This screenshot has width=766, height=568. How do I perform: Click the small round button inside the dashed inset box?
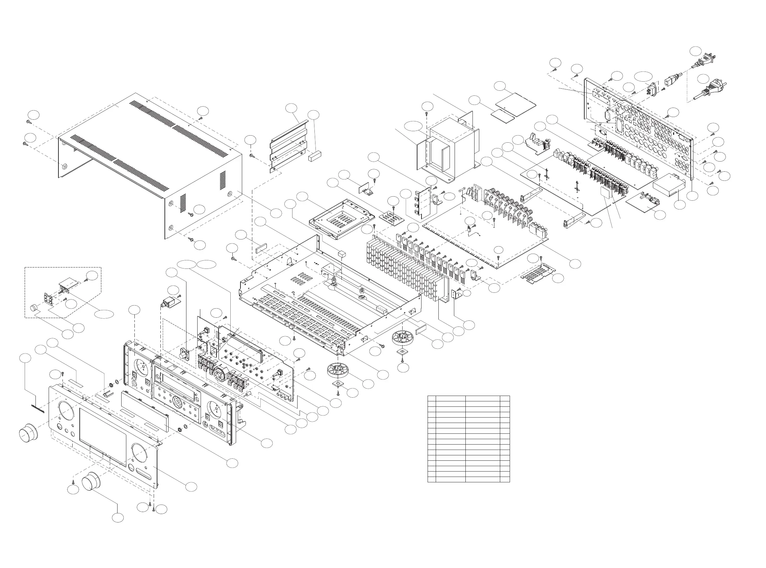34,308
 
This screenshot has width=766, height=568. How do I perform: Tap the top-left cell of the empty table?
431,398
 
